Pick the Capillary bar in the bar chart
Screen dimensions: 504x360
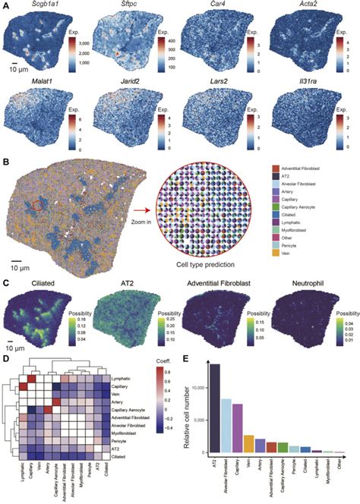point(237,427)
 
